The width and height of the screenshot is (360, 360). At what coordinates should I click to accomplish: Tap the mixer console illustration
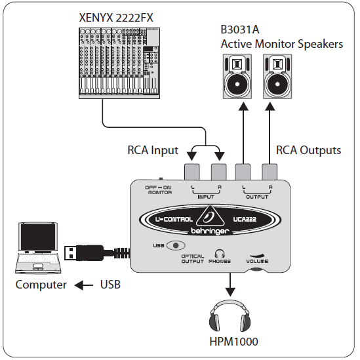pyautogui.click(x=119, y=63)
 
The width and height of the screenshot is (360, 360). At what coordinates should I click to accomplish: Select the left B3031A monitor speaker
pyautogui.click(x=239, y=76)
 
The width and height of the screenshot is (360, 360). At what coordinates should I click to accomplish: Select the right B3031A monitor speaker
pyautogui.click(x=278, y=76)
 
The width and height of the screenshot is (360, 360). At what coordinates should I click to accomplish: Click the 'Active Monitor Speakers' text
pyautogui.click(x=282, y=44)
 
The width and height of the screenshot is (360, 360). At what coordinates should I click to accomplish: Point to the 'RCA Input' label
pyautogui.click(x=153, y=150)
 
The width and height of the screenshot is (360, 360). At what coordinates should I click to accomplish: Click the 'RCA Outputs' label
pyautogui.click(x=308, y=150)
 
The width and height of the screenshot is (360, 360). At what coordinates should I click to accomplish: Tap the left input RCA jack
pyautogui.click(x=193, y=172)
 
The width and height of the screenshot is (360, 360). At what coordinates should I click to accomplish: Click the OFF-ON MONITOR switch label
pyautogui.click(x=159, y=190)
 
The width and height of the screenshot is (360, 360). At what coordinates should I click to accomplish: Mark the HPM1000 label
pyautogui.click(x=230, y=342)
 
